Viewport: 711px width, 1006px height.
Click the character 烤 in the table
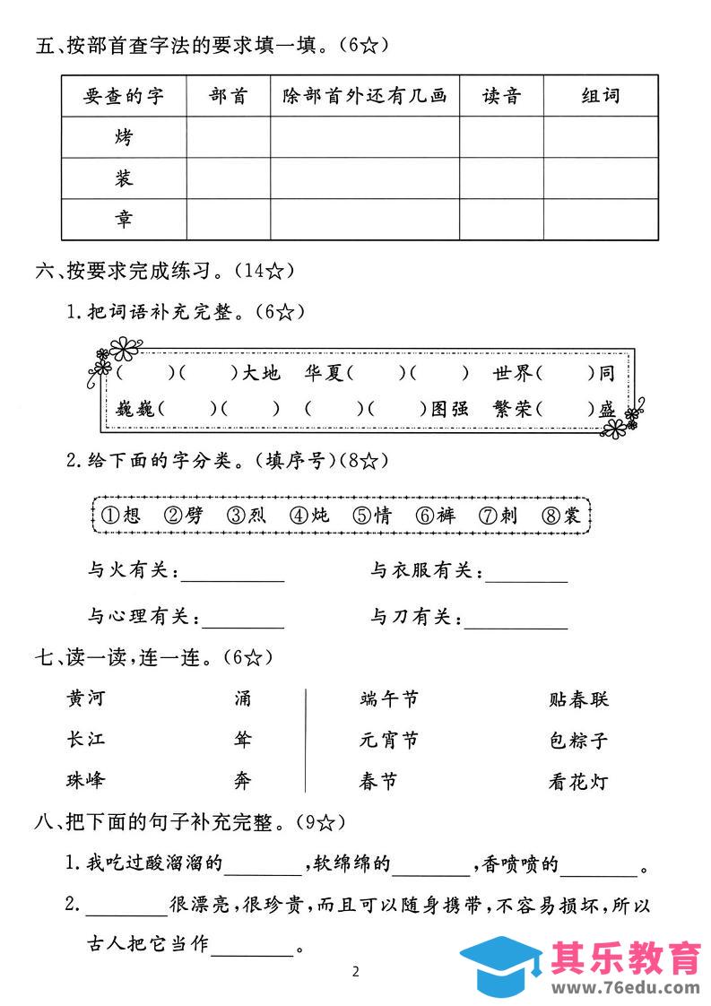click(x=124, y=138)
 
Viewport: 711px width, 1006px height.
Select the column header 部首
click(x=228, y=96)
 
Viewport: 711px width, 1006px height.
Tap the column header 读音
click(x=501, y=96)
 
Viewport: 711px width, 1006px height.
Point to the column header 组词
click(x=600, y=96)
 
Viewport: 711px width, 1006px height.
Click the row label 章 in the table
click(x=124, y=220)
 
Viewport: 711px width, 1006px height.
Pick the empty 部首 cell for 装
click(x=228, y=178)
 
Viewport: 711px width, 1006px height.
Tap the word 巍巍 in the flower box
click(x=135, y=409)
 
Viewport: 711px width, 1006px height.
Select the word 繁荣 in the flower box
click(x=512, y=409)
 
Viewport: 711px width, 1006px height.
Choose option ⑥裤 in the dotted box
click(x=436, y=516)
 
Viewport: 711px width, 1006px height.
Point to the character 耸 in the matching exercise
click(x=243, y=740)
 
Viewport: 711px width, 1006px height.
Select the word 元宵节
click(x=388, y=741)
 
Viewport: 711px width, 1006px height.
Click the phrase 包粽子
click(x=578, y=741)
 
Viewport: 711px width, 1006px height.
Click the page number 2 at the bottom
click(x=356, y=972)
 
